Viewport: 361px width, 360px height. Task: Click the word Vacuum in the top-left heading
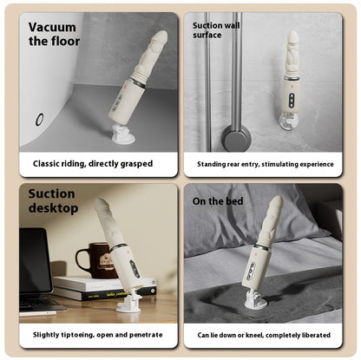pyautogui.click(x=52, y=28)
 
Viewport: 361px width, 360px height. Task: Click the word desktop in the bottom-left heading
pyautogui.click(x=53, y=208)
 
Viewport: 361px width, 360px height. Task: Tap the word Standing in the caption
pyautogui.click(x=212, y=165)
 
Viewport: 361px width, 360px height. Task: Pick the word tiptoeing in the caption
pyautogui.click(x=76, y=335)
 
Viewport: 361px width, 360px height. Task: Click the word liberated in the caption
pyautogui.click(x=317, y=335)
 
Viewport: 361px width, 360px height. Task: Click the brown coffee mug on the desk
pyautogui.click(x=94, y=260)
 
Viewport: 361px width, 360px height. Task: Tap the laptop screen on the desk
pyautogui.click(x=35, y=259)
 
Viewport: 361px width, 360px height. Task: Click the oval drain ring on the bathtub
pyautogui.click(x=39, y=120)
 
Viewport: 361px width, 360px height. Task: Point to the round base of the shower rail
pyautogui.click(x=236, y=139)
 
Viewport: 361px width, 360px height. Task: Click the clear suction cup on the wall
pyautogui.click(x=289, y=121)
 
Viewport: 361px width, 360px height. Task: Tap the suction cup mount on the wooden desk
pyautogui.click(x=129, y=301)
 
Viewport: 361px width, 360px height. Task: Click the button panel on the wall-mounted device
pyautogui.click(x=292, y=101)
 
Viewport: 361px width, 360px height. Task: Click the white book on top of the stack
pyautogui.click(x=105, y=284)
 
